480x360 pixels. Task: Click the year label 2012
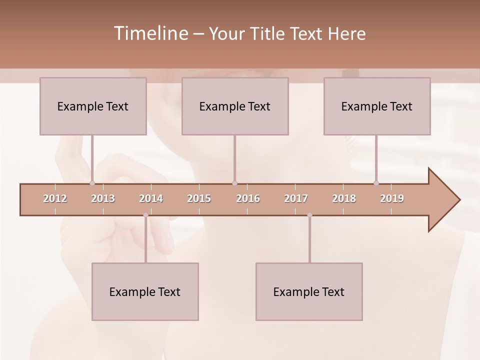click(55, 198)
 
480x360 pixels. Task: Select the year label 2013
click(103, 198)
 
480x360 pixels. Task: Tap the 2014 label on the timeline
click(151, 198)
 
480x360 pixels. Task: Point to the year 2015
click(199, 198)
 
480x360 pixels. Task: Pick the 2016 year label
click(248, 198)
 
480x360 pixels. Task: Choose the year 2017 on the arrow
click(296, 198)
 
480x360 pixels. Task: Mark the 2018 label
click(344, 198)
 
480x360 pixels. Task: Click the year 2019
click(392, 198)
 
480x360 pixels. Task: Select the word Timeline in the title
click(150, 33)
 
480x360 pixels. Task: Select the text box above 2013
click(93, 106)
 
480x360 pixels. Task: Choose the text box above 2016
click(235, 106)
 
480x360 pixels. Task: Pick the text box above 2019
click(377, 106)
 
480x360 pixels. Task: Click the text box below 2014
click(145, 291)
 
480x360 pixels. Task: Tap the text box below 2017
click(309, 291)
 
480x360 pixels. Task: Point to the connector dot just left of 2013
click(92, 183)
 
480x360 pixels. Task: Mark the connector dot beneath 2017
click(309, 215)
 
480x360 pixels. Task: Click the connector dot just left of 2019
click(376, 183)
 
